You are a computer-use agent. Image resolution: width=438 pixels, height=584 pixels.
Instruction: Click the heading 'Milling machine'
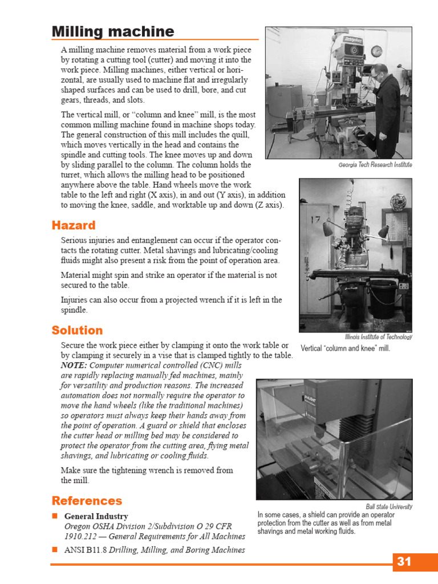point(113,31)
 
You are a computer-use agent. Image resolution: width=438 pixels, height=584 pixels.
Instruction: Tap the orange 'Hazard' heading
point(74,225)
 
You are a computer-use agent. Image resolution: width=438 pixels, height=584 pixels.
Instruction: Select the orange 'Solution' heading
point(77,330)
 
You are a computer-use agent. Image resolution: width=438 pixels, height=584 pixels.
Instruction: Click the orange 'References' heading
point(87,501)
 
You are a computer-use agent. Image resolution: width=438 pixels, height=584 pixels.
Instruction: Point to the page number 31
point(404,562)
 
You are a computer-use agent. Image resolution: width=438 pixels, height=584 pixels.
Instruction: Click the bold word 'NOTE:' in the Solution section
point(74,365)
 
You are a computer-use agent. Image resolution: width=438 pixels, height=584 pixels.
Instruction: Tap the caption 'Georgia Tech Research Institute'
point(375,165)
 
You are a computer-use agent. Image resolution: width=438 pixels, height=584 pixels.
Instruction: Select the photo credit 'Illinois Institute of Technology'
point(378,337)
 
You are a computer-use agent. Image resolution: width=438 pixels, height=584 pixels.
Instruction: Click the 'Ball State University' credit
point(389,506)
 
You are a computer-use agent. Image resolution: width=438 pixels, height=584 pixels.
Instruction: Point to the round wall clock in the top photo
point(376,51)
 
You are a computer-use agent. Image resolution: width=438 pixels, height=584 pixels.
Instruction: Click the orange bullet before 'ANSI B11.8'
point(55,550)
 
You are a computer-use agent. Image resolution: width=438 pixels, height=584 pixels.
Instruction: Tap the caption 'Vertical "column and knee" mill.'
point(345,348)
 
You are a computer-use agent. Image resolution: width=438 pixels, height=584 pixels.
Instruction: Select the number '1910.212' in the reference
point(79,537)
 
